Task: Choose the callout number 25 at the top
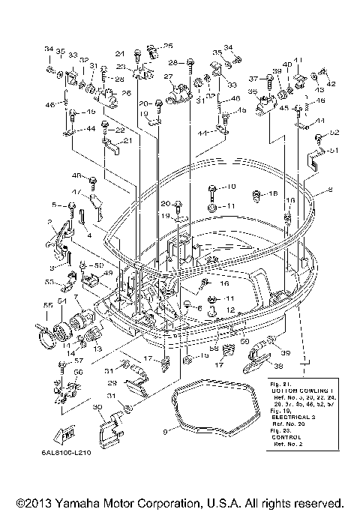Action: tap(168, 46)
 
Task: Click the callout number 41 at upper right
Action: tap(298, 61)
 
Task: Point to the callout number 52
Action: tap(334, 133)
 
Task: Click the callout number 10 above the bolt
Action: tap(231, 187)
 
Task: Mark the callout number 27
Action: tap(169, 77)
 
